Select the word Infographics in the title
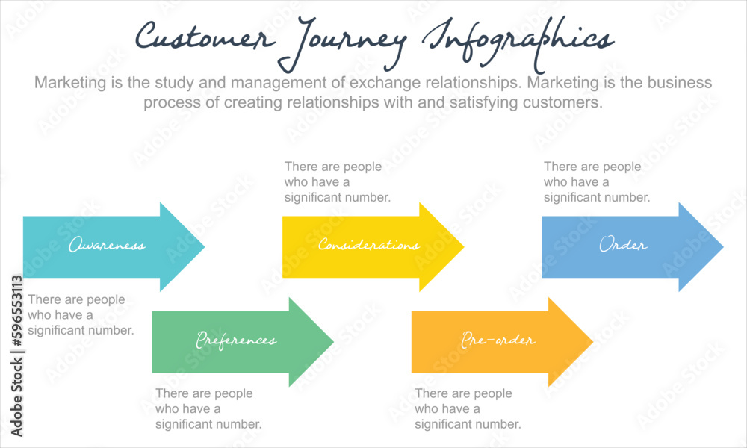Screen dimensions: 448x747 click(515, 41)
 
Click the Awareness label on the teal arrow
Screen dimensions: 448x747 click(107, 246)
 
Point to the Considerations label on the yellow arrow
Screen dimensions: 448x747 click(368, 245)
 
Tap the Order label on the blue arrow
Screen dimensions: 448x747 click(623, 245)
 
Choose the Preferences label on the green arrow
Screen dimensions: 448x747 click(236, 340)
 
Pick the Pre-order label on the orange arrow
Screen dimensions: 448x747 click(498, 340)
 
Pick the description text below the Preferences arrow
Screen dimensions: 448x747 click(208, 408)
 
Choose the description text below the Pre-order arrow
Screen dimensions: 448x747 click(468, 408)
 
